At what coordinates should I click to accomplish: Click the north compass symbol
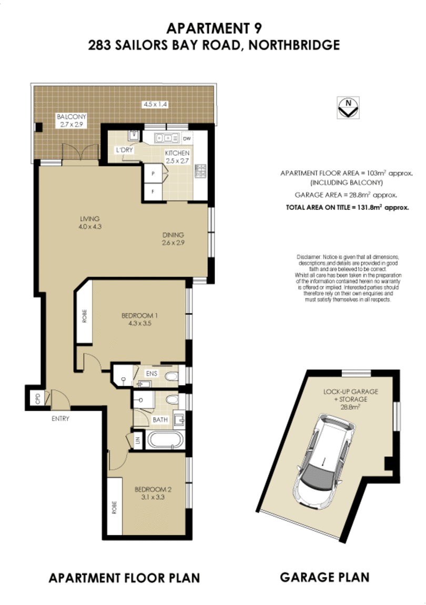(348, 107)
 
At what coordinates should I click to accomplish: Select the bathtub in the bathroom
(165, 439)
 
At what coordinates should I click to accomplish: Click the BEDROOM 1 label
(139, 316)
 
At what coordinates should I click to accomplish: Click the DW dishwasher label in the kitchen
(186, 139)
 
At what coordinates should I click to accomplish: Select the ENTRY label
(60, 419)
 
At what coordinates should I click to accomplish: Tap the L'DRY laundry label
(124, 150)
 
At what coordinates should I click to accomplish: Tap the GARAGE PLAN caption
(324, 577)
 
